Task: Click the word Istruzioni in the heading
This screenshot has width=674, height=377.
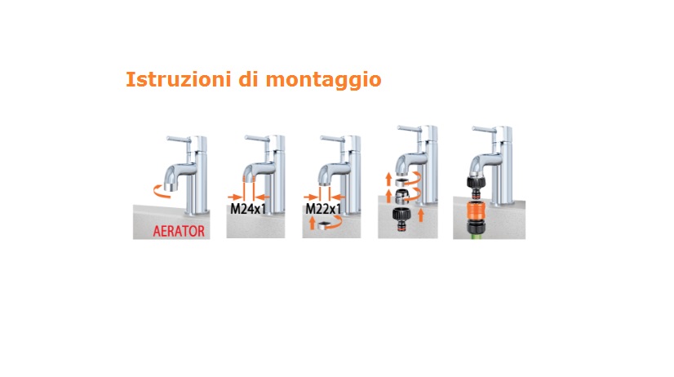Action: (179, 79)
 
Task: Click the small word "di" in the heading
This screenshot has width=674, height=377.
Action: (248, 79)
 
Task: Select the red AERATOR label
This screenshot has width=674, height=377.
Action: (179, 231)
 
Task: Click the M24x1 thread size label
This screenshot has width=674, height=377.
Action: (248, 209)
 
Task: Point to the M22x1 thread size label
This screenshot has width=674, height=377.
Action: (323, 209)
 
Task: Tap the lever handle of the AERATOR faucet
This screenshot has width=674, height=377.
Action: (179, 139)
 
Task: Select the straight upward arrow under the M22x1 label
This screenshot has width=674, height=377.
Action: (312, 223)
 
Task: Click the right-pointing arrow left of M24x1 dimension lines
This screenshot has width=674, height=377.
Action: (235, 197)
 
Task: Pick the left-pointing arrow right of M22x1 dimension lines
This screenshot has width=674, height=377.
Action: (338, 197)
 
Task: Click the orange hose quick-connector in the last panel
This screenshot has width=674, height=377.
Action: (476, 211)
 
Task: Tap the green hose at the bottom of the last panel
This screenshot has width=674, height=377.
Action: (477, 236)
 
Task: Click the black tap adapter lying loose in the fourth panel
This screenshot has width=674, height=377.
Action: (401, 220)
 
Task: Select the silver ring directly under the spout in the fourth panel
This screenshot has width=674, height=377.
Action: (401, 181)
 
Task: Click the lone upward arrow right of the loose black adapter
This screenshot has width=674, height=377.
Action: (421, 215)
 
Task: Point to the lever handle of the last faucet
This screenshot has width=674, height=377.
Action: (484, 129)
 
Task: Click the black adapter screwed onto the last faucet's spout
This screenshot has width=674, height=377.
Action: (476, 182)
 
